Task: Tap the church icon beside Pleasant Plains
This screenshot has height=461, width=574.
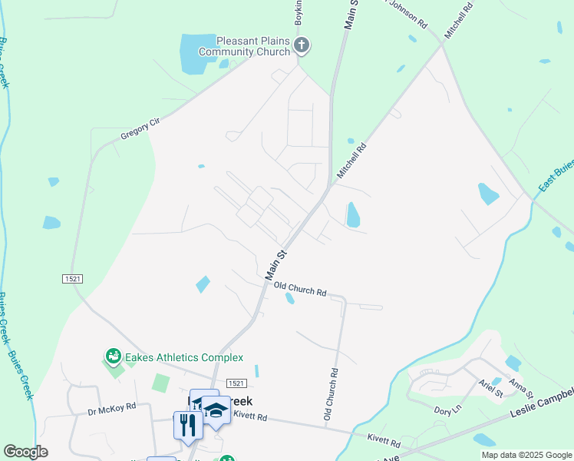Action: coord(302,45)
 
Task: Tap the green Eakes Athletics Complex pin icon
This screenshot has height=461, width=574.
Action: coord(114,357)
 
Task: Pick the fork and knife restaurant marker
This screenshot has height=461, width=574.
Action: coord(187,424)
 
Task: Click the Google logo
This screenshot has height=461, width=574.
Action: coord(26,452)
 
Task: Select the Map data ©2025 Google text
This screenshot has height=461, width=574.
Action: coord(526,455)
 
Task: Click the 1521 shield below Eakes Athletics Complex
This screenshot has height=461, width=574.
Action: coord(235,383)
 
